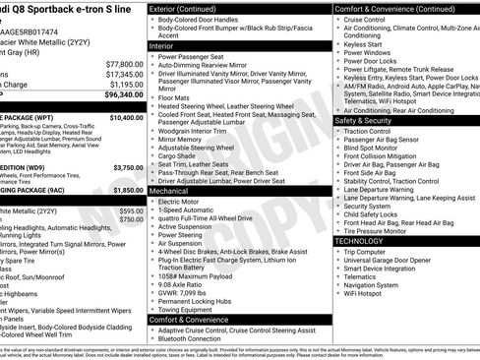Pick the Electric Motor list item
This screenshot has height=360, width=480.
click(184, 202)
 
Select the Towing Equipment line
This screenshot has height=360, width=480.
click(192, 308)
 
